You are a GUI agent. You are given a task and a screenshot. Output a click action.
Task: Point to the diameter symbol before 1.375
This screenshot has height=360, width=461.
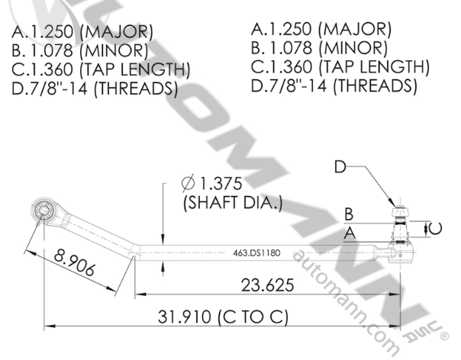pyautogui.click(x=188, y=184)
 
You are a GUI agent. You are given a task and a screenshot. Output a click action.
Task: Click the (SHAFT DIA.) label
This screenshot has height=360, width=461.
pyautogui.click(x=232, y=203)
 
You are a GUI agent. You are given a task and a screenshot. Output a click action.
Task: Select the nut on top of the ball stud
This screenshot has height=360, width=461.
pyautogui.click(x=398, y=209)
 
